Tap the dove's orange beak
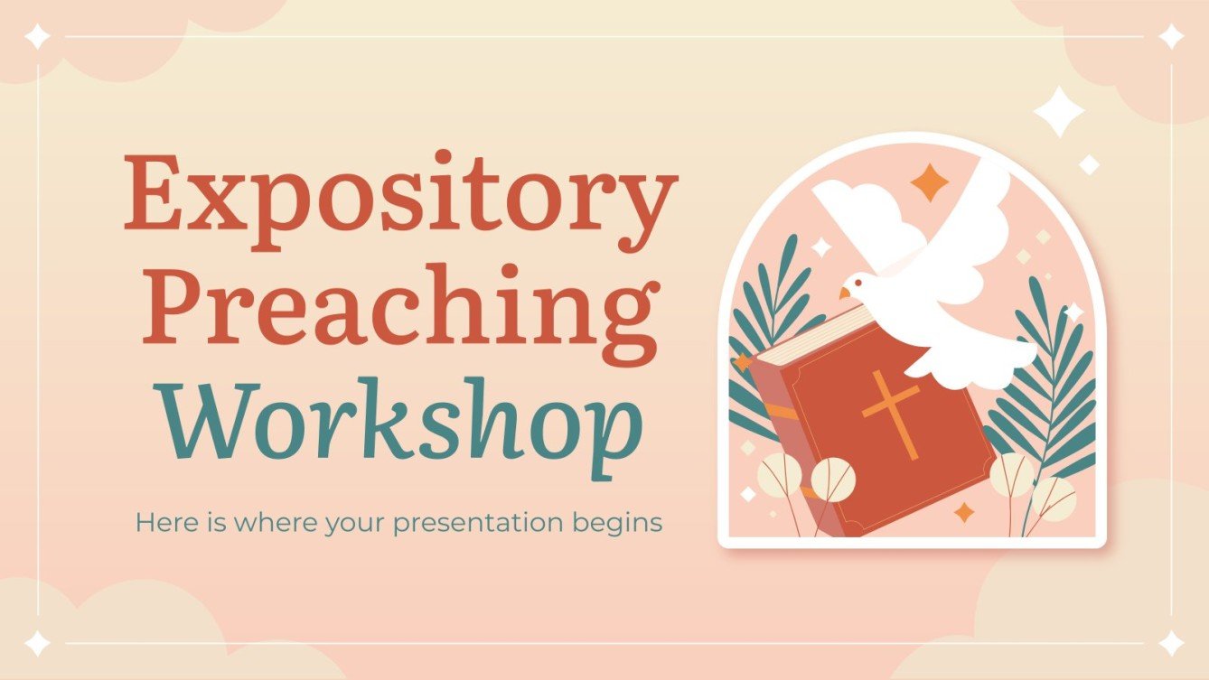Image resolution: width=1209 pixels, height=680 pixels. point(844,293)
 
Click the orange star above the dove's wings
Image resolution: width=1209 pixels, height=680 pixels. point(930,183)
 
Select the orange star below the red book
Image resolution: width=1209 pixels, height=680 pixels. point(965,512)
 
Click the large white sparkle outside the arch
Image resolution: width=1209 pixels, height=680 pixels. point(1058,112)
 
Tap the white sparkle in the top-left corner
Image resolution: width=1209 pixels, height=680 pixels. point(38,37)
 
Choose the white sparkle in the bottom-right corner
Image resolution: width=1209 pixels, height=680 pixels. point(1171,643)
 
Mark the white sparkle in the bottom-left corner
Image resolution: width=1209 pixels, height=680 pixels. point(38,643)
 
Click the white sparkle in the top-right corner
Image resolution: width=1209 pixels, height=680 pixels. point(1171,37)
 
